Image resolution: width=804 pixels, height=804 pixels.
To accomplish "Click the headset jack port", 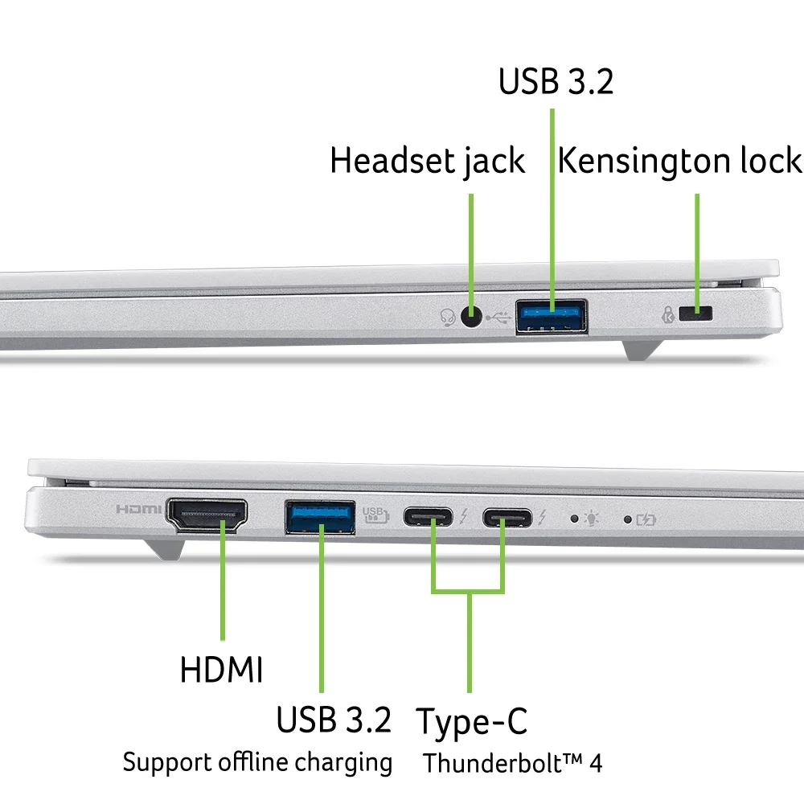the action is (x=471, y=316).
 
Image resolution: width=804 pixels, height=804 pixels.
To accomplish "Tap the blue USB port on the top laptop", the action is (x=552, y=317).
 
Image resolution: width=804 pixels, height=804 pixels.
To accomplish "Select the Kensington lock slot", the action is (x=695, y=314).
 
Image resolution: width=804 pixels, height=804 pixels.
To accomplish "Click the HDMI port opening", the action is (x=207, y=515).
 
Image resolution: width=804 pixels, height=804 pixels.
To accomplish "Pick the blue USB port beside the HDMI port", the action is (x=320, y=517).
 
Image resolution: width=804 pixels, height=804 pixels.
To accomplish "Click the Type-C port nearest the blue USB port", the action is (x=429, y=516).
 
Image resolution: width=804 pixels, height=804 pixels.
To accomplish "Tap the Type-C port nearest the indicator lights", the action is (x=507, y=517).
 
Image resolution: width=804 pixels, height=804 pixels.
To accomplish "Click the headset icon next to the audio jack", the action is (x=448, y=318).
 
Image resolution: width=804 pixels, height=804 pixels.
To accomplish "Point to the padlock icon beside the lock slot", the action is (x=667, y=314).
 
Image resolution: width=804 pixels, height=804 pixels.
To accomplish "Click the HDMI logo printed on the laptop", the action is (x=138, y=509).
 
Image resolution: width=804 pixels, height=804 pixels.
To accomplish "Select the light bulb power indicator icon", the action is (x=591, y=519).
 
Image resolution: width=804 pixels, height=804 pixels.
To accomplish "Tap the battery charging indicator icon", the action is (x=646, y=520).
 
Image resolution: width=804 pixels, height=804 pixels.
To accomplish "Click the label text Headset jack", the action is (x=427, y=162).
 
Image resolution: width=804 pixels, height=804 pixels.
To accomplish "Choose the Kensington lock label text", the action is (x=679, y=161).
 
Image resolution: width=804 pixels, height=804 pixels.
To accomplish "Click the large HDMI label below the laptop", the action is (x=222, y=670).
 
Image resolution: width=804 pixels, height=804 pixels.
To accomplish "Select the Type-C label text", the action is (x=471, y=722).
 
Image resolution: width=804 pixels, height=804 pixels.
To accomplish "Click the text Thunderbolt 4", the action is (x=512, y=763).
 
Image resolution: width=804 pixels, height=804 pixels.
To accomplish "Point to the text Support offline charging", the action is (x=257, y=762).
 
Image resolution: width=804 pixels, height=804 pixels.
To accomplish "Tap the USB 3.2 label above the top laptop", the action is (x=556, y=81).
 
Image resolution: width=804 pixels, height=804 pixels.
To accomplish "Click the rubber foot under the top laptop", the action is (x=642, y=351).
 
